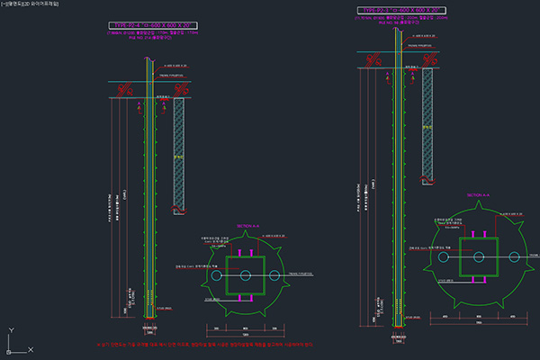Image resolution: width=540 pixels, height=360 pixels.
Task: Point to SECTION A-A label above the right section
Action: coord(479,195)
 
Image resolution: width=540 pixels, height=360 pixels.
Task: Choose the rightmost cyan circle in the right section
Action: coord(514,257)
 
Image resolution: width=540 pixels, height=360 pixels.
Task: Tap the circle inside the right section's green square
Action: coord(477,257)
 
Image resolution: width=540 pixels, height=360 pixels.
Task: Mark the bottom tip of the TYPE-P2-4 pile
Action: coord(150,317)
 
